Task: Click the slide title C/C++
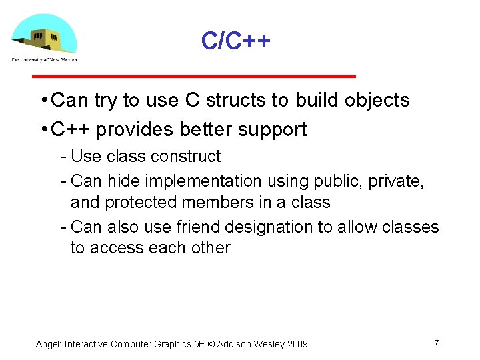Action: coord(236,42)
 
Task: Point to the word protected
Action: coord(143,203)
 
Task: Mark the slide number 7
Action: coord(436,342)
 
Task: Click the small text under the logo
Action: coord(43,59)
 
